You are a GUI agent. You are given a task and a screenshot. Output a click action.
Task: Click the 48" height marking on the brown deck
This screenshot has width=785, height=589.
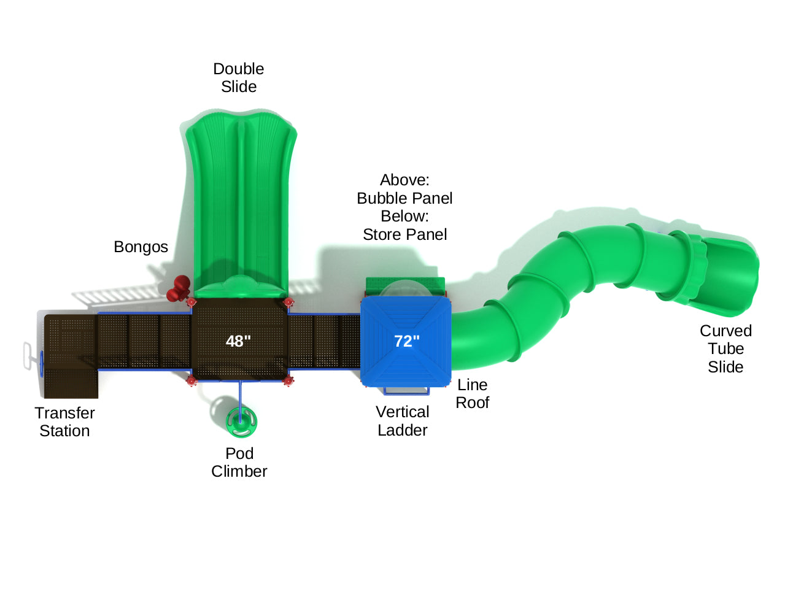click(238, 341)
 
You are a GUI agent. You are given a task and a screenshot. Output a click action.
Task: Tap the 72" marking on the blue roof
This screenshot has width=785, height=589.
click(406, 341)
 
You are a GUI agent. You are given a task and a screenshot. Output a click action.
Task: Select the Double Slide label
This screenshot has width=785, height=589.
click(239, 78)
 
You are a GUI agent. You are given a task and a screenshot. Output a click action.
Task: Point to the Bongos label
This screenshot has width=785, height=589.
click(141, 247)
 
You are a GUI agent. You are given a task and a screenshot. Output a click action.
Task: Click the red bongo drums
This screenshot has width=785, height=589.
click(179, 288)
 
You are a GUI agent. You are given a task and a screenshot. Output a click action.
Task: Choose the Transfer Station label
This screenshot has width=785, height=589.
click(64, 422)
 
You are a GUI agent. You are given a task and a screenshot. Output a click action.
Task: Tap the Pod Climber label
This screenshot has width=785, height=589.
click(239, 463)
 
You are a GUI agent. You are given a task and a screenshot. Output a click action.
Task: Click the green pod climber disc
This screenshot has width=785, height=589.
click(241, 421)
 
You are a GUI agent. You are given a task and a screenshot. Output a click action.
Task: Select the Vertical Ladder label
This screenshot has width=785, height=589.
click(403, 421)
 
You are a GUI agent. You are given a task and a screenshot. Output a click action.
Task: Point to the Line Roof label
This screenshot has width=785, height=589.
click(472, 394)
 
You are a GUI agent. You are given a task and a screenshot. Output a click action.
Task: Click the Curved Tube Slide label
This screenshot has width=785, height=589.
click(725, 348)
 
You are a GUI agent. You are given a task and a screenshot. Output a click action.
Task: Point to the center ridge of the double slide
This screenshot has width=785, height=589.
click(241, 196)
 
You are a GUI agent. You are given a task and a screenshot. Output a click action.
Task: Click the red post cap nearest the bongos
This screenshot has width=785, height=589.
click(191, 302)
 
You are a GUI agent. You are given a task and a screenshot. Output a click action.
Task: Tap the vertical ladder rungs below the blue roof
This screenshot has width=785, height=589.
click(406, 391)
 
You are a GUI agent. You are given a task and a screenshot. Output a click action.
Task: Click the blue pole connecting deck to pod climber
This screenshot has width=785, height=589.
click(240, 396)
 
